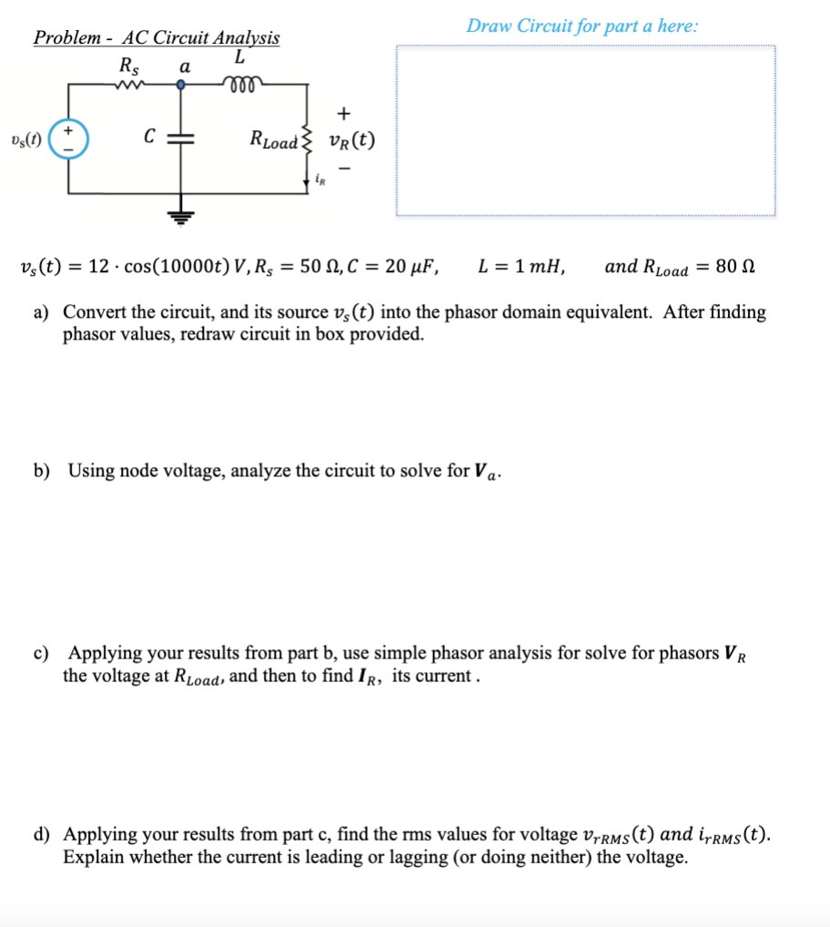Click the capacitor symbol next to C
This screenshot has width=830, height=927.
tap(181, 138)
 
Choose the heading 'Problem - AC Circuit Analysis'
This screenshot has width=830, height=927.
tap(157, 37)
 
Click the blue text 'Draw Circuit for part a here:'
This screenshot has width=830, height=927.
tap(582, 25)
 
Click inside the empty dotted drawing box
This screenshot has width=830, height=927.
tap(586, 131)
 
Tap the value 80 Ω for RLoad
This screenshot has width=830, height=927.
tap(737, 267)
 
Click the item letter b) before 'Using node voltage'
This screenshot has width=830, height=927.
tap(42, 471)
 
